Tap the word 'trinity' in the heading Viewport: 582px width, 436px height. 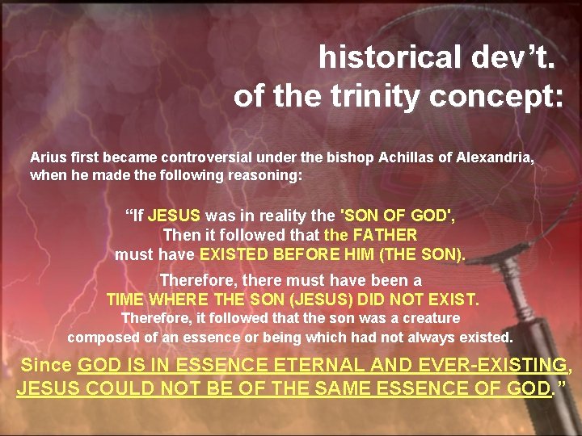[376, 96]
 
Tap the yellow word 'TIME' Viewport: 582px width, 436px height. [124, 300]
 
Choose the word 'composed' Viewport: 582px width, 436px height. [100, 336]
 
